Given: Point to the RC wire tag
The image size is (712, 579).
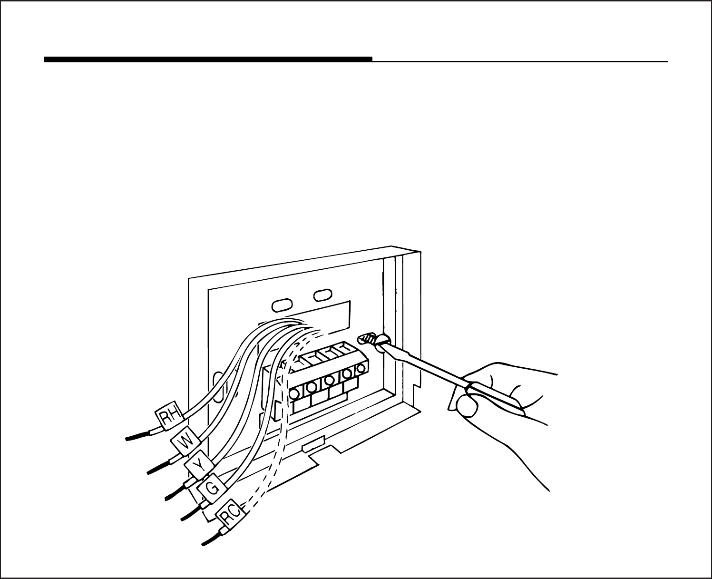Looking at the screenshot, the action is (x=231, y=517).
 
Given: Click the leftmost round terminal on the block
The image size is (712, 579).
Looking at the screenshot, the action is (x=294, y=393).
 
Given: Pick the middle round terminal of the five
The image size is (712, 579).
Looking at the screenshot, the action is (x=329, y=381).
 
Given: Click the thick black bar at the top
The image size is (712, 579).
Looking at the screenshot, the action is (x=208, y=59).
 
